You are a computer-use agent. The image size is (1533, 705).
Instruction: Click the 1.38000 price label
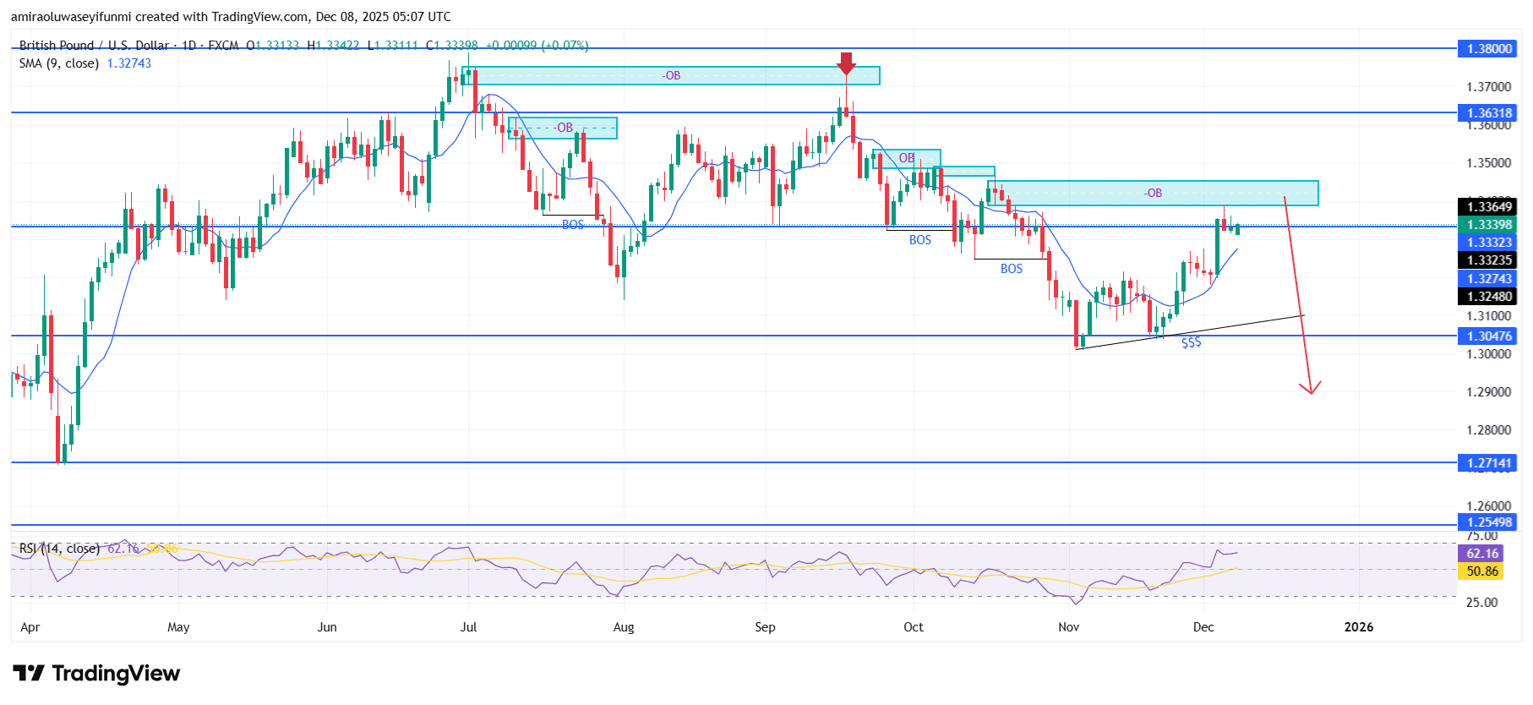[1488, 49]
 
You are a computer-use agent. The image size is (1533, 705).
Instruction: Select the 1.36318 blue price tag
[1488, 113]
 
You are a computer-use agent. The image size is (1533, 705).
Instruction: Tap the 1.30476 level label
[1488, 336]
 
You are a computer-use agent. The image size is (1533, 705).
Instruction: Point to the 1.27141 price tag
[1488, 463]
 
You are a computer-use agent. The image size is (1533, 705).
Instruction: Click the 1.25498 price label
[1488, 522]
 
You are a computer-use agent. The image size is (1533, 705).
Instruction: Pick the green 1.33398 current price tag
[1488, 225]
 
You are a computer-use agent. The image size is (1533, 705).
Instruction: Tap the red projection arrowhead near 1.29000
[1310, 389]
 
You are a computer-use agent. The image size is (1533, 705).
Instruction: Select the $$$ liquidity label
[1191, 342]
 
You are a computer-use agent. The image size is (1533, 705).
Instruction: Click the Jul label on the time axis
[468, 627]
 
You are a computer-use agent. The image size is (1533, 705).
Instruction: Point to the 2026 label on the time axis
[1359, 627]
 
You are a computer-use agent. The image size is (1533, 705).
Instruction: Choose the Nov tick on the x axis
[1069, 627]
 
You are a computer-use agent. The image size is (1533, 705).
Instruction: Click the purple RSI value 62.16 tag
[1481, 554]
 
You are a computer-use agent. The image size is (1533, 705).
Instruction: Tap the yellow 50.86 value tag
[1481, 571]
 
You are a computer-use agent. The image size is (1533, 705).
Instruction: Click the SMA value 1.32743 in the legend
[128, 63]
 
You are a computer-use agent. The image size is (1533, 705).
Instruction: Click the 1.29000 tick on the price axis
[1488, 392]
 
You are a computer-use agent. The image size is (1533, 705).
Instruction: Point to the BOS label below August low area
[573, 225]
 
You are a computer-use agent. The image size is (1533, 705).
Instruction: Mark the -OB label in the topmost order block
[671, 76]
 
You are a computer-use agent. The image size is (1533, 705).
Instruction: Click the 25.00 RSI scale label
[1481, 603]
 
